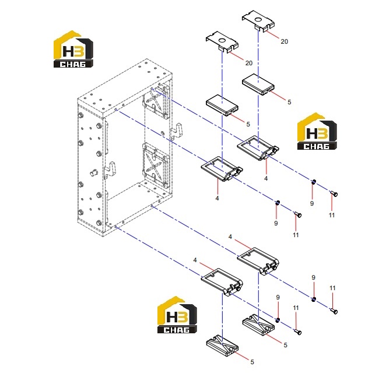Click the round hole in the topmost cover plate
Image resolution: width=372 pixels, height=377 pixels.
[258, 19]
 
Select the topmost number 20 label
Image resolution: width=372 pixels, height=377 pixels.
[284, 41]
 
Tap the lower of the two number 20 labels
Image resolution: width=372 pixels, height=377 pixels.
[249, 63]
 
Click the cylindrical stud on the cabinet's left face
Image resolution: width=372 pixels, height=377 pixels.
[94, 172]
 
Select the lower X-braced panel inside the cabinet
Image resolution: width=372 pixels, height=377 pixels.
[156, 165]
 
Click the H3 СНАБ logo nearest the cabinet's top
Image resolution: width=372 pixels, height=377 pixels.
[73, 49]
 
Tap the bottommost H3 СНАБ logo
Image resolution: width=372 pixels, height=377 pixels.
[177, 315]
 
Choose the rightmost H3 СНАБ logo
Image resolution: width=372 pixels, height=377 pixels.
[317, 131]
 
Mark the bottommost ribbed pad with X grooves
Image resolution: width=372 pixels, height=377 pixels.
[222, 346]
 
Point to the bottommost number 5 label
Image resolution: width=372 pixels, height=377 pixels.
[252, 362]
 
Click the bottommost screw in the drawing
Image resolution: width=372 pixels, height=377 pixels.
[298, 332]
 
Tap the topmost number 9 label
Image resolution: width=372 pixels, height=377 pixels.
[312, 203]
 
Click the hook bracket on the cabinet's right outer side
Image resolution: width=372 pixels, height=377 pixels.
[177, 131]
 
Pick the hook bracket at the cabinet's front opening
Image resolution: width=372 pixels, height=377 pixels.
[110, 170]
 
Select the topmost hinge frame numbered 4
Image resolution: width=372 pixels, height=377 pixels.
[258, 147]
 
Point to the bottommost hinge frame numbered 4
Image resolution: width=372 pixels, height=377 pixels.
[222, 281]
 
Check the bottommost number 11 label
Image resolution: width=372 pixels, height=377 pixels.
[296, 308]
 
